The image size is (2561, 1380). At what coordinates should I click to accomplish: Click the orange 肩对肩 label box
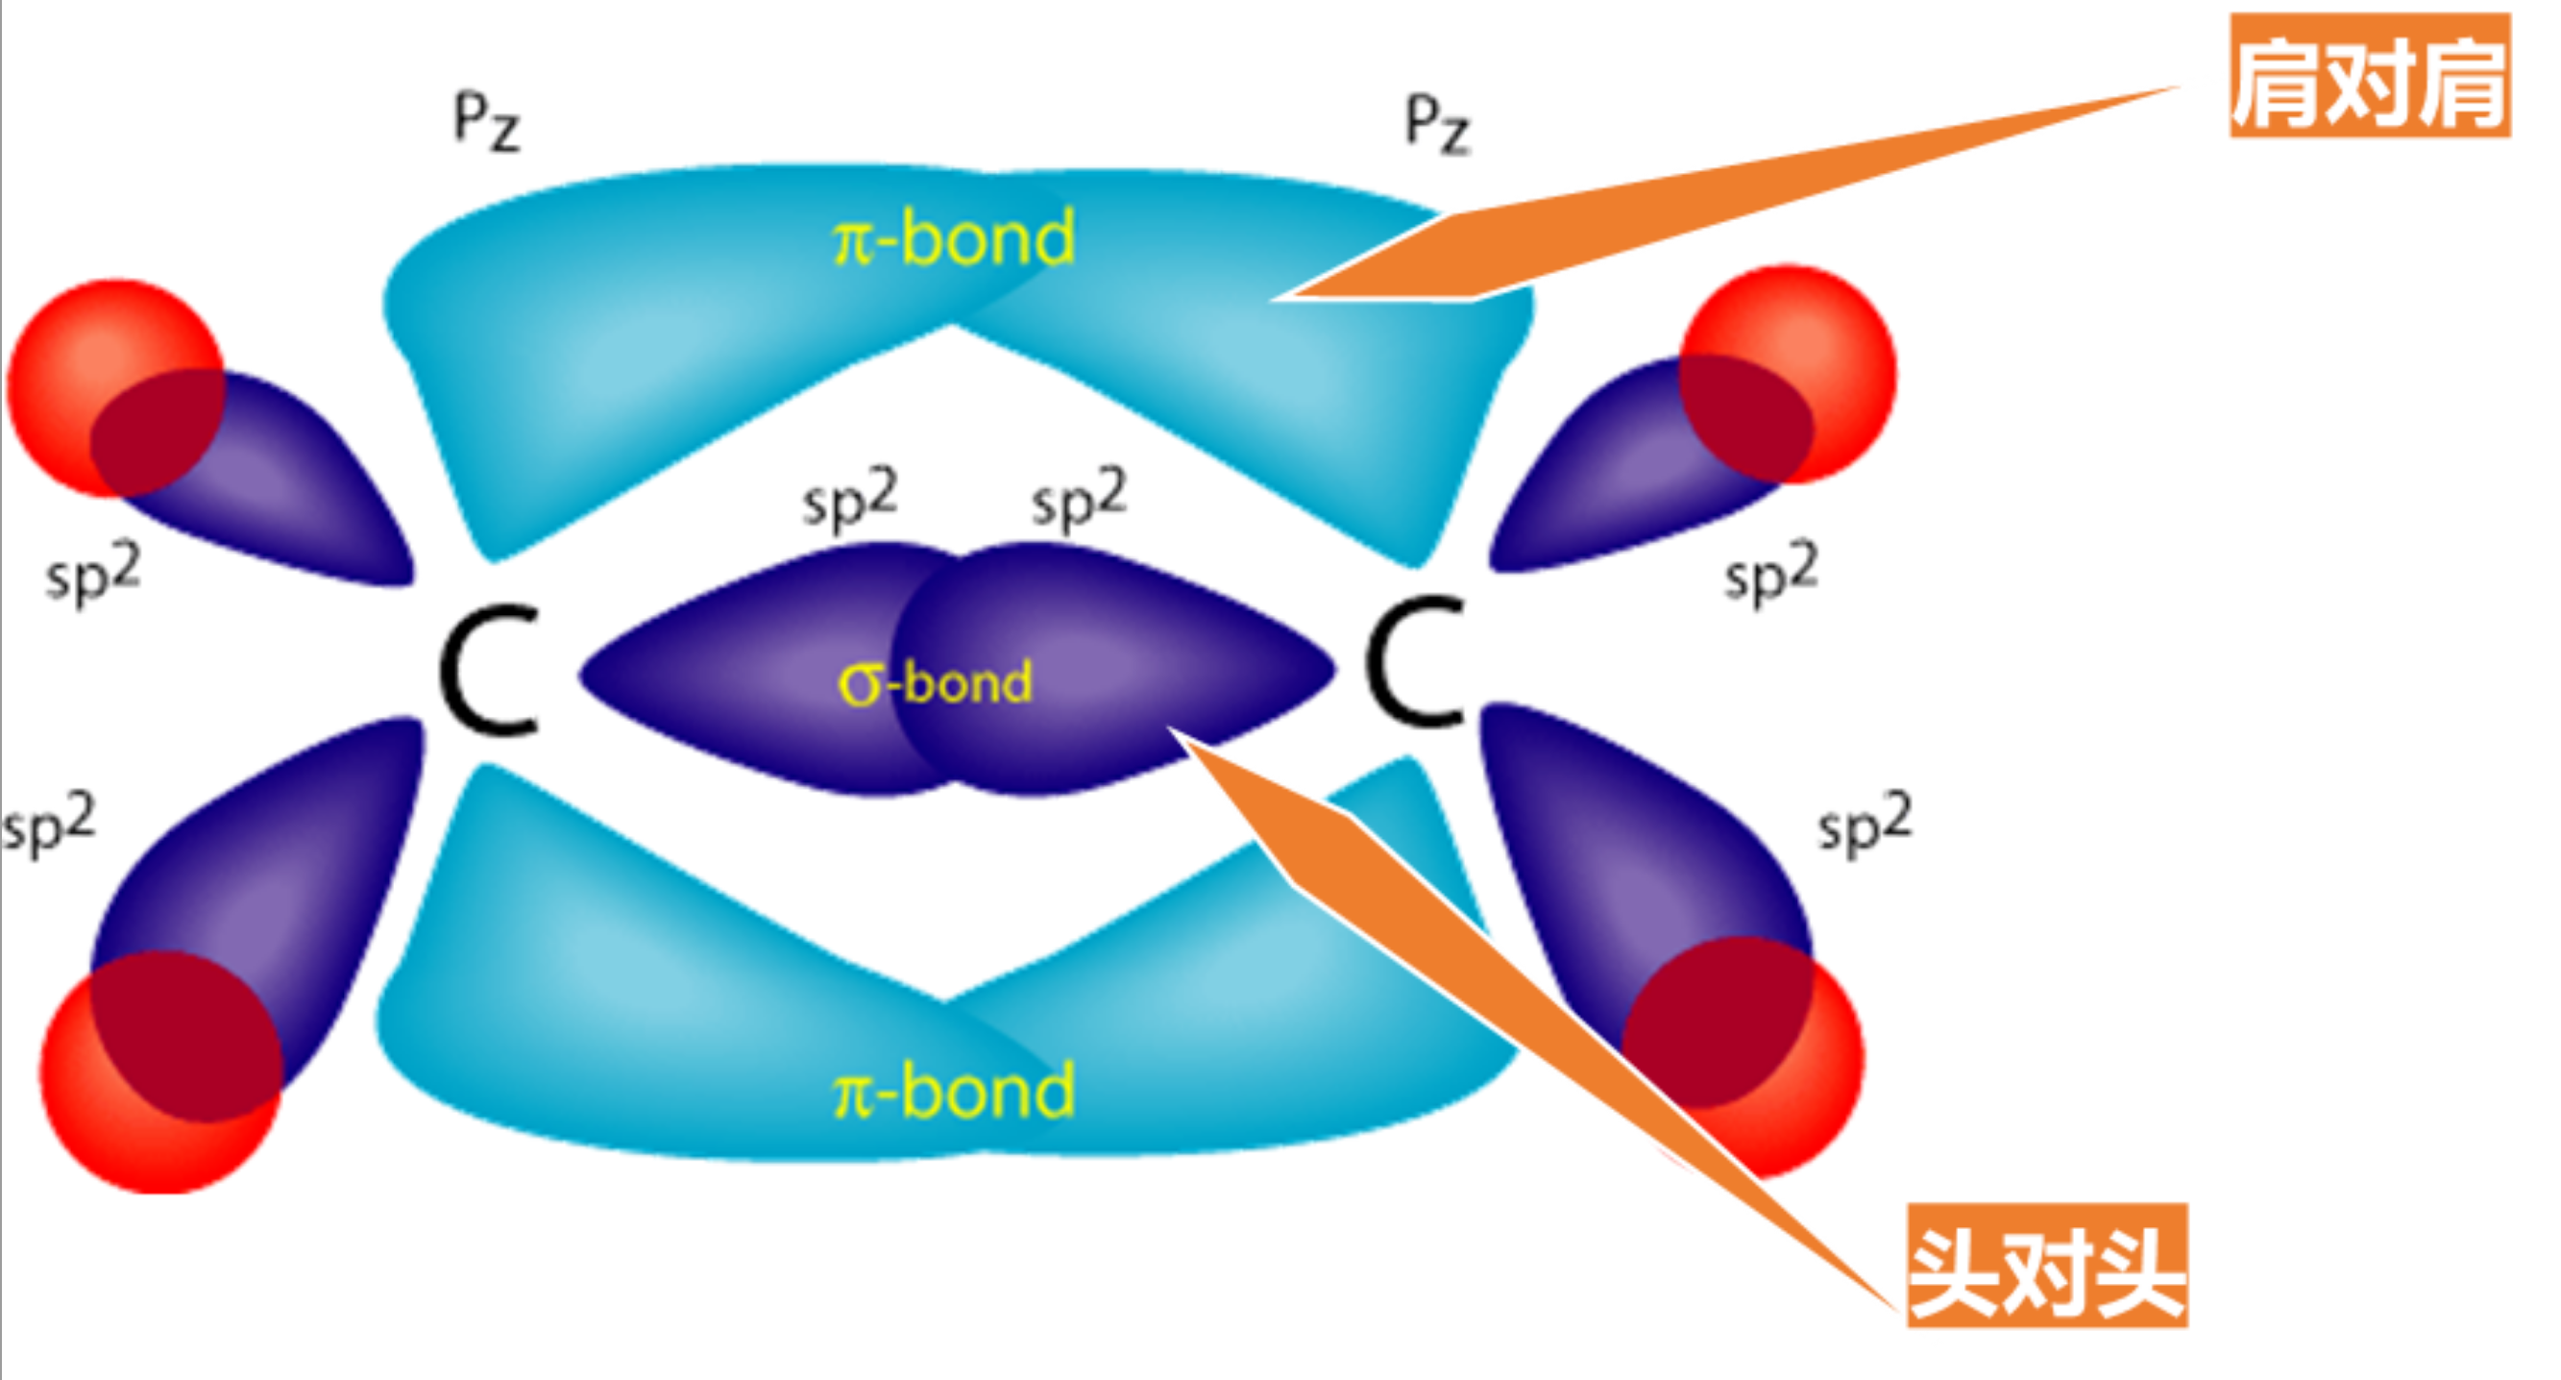click(2369, 76)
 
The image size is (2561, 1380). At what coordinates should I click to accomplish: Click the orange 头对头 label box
click(2046, 1265)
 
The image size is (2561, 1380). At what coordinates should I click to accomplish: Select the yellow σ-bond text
click(935, 684)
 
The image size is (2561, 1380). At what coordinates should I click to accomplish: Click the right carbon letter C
click(1416, 660)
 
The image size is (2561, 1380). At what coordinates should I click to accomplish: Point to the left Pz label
click(486, 121)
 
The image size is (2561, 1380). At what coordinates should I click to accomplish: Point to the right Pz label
click(1436, 125)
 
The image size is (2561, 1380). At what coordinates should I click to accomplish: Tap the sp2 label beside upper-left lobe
click(92, 574)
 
